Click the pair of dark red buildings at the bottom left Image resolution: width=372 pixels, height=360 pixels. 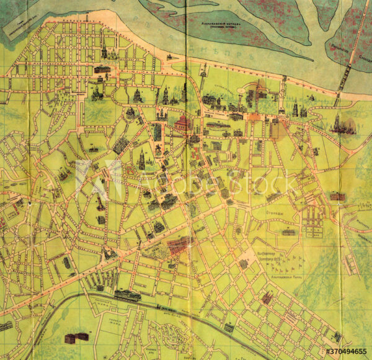coord(76,337)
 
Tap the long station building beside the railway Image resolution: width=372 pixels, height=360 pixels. coord(128,294)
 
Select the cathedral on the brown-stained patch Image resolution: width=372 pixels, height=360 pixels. coord(340,124)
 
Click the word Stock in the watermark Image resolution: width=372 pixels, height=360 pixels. coord(259,183)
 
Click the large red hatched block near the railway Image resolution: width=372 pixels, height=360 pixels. coord(176,245)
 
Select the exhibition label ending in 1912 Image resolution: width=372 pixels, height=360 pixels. coord(270,256)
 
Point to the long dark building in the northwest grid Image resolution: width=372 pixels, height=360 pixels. coord(102,70)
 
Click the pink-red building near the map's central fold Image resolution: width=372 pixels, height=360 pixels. coord(182,123)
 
